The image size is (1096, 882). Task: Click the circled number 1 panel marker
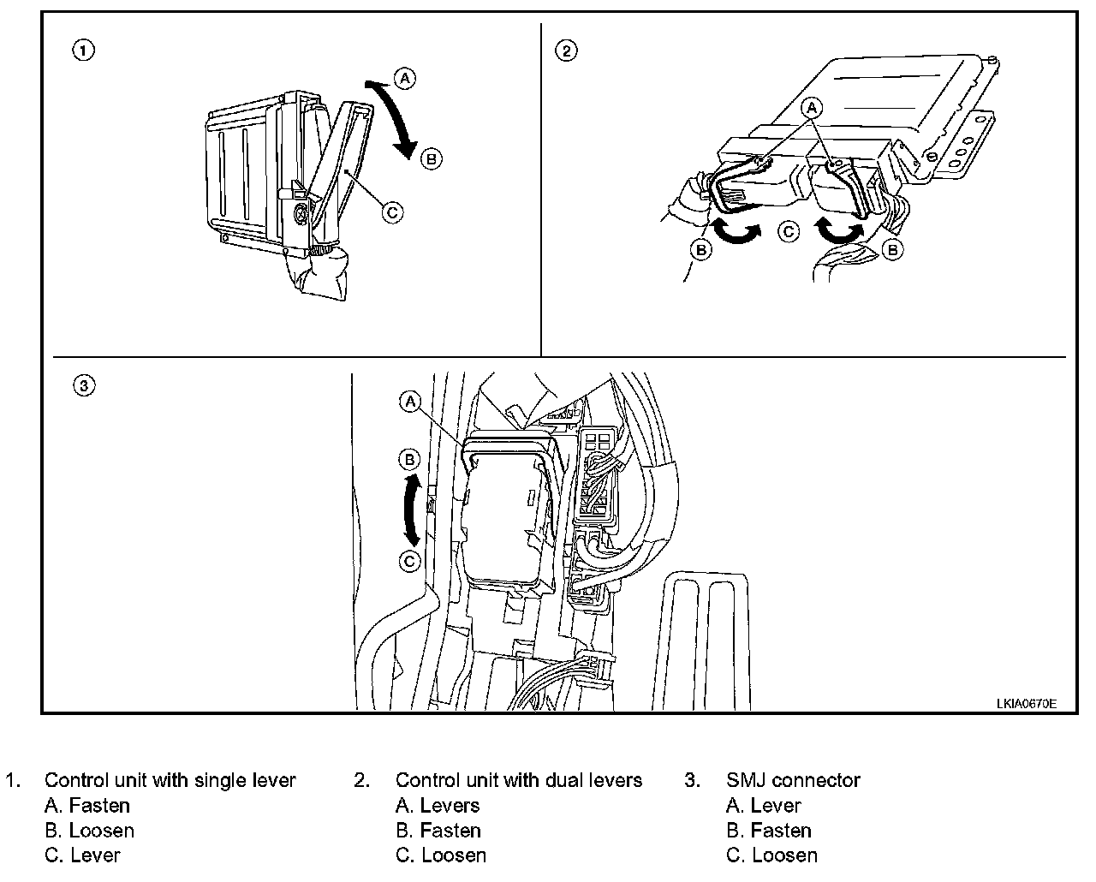[83, 51]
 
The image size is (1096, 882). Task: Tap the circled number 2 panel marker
[567, 51]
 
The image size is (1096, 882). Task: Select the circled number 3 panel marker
[83, 386]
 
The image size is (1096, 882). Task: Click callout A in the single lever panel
[405, 79]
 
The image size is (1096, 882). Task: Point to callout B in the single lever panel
[432, 158]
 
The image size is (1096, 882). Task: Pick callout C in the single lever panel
[392, 211]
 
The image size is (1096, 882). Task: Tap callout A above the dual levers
[812, 107]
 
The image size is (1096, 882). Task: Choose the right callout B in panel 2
[892, 250]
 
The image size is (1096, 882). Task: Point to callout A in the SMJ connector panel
[411, 402]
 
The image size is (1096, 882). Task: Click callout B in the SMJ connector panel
[411, 460]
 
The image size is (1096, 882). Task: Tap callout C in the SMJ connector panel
[411, 561]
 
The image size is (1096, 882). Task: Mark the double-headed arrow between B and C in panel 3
[413, 511]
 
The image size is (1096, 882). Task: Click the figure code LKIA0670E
[1026, 703]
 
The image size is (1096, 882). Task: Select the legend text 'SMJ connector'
[793, 780]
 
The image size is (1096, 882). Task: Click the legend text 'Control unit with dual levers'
[518, 780]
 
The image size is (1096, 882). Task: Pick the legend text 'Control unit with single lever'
[170, 780]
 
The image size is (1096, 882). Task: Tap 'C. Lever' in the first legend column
[82, 855]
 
